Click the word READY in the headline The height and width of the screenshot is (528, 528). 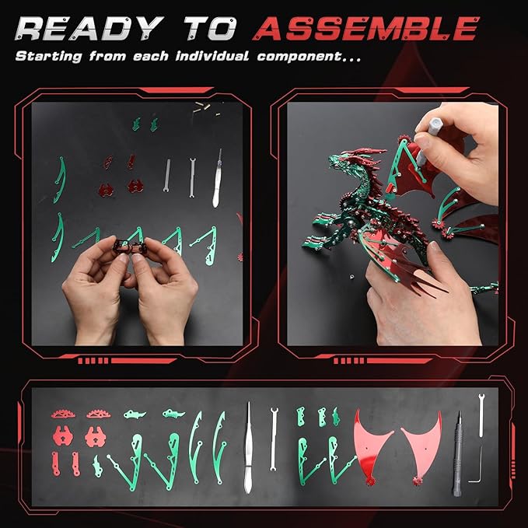(89, 29)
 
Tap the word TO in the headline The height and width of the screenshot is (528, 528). (211, 29)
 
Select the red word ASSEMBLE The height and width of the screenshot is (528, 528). (366, 29)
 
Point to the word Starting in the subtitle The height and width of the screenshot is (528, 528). (48, 57)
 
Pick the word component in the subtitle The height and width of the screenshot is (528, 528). (299, 57)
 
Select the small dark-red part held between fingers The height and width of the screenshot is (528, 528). (129, 247)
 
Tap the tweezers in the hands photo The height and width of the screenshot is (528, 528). (217, 179)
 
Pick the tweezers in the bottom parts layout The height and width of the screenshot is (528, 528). (248, 448)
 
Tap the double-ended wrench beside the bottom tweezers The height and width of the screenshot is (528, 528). (274, 439)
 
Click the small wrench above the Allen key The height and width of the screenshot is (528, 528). (481, 415)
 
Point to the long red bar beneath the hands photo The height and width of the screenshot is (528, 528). (143, 361)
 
